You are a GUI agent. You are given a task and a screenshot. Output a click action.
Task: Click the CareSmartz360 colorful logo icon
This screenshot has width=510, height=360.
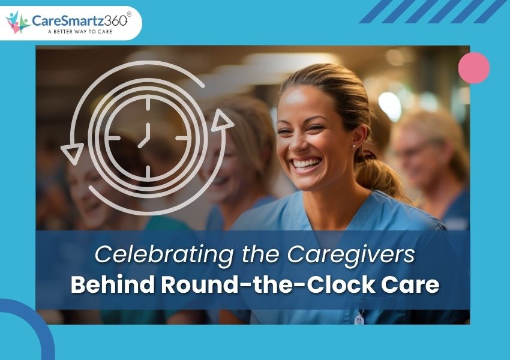click(x=17, y=22)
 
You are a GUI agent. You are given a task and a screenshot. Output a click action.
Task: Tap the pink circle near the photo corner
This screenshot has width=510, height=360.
click(x=474, y=68)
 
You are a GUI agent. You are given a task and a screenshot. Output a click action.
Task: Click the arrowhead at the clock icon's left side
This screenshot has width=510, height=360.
click(x=71, y=155)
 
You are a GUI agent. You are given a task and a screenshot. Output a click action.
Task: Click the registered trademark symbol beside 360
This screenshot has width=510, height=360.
click(x=129, y=14)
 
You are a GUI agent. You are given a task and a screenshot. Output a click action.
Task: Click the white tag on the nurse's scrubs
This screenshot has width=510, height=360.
click(x=359, y=319)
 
